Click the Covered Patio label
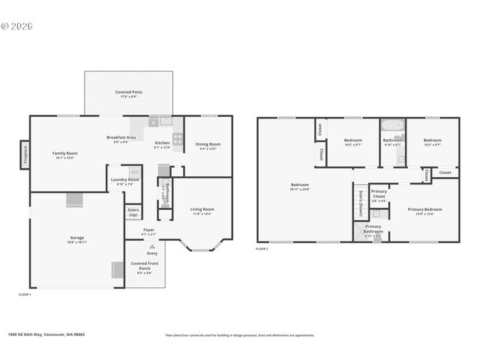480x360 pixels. click(x=129, y=92)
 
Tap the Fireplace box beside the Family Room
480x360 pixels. click(x=24, y=154)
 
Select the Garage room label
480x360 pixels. click(x=76, y=238)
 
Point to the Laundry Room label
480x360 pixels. click(x=124, y=179)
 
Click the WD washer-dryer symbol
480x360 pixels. click(x=135, y=172)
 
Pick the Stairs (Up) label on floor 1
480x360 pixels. click(x=133, y=212)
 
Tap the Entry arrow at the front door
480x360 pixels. click(x=152, y=248)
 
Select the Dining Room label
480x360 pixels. click(x=208, y=144)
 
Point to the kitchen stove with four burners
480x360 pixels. click(x=178, y=138)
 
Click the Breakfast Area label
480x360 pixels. click(x=121, y=137)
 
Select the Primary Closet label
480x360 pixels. click(x=379, y=194)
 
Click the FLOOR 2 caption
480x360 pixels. click(x=262, y=248)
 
